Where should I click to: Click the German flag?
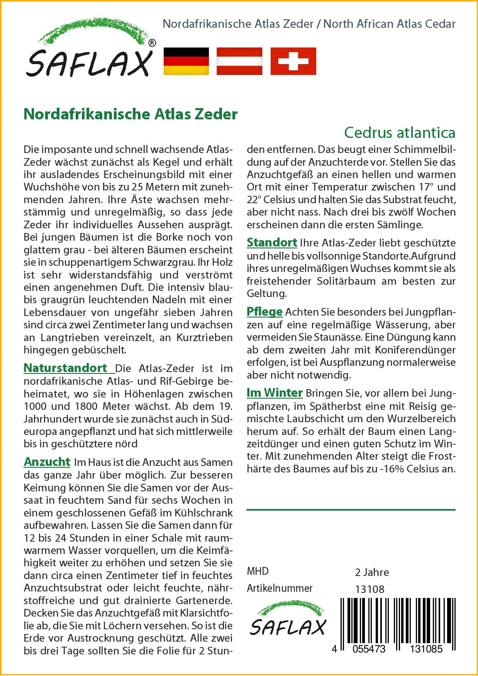[x=186, y=61]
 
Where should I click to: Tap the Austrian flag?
[x=239, y=61]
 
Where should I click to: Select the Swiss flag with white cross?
[x=293, y=61]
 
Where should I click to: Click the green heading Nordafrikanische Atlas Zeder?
[x=131, y=114]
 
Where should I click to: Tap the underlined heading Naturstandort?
[x=66, y=368]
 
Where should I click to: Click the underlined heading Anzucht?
[x=47, y=462]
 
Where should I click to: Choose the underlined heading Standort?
[x=272, y=243]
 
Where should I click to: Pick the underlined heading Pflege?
[x=264, y=311]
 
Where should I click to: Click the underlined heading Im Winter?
[x=275, y=393]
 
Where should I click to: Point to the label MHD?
[x=258, y=571]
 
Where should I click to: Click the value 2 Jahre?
[x=372, y=572]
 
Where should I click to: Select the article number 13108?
[x=370, y=589]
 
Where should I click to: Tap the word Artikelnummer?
[x=280, y=588]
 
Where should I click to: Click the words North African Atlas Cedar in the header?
[x=389, y=24]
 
